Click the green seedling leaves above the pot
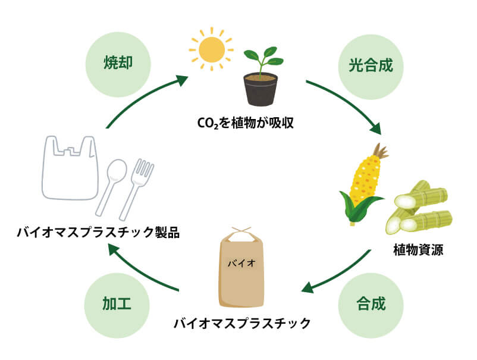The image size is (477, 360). coord(262,58)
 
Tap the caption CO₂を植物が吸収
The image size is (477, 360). coord(246,124)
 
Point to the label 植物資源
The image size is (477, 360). coord(419,249)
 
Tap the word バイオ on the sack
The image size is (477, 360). coord(241,262)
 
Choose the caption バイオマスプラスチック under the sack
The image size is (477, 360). coord(242,324)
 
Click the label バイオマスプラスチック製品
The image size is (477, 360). coord(98,231)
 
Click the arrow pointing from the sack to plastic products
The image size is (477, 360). coord(143,271)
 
